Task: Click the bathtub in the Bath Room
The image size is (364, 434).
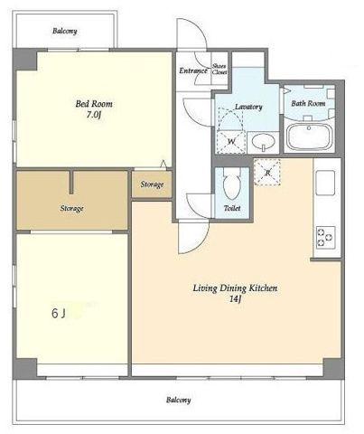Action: coord(309,137)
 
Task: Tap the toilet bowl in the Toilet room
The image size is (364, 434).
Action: coord(232,184)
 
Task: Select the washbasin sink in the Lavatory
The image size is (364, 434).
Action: coord(263,142)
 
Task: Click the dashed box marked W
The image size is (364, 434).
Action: coord(231,142)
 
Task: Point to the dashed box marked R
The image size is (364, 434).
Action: coord(267,173)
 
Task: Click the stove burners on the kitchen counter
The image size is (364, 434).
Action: coord(325,237)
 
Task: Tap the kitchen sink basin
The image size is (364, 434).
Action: coord(325,183)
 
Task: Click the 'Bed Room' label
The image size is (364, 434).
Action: coord(94,104)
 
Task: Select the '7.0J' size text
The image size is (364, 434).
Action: coord(93,115)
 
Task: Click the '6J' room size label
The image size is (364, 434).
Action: coord(59,314)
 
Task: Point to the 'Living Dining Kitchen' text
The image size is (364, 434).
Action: coord(235,288)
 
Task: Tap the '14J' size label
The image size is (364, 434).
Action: coord(235,299)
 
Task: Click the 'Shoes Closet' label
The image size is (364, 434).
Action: coord(219,69)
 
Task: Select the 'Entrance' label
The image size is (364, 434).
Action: coord(193,71)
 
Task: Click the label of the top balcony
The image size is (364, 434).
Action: coord(65,31)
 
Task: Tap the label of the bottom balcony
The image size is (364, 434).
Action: coord(179,400)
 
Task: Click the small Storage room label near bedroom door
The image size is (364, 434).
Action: coord(152,184)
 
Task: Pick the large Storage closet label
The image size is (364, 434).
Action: coord(71,208)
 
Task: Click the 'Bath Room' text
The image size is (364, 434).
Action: coord(308,103)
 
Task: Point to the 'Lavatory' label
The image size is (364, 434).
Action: coord(248,107)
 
